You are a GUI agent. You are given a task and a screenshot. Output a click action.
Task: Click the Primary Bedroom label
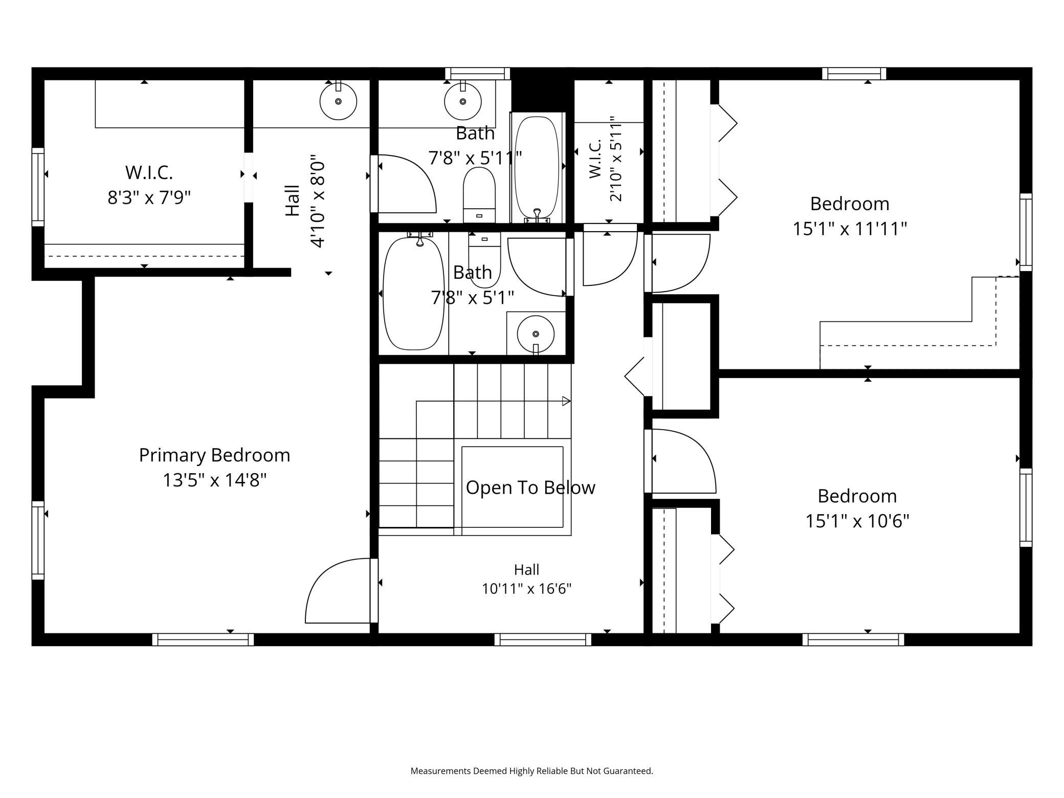(x=214, y=455)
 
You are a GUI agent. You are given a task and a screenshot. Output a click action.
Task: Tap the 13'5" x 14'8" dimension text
(x=215, y=480)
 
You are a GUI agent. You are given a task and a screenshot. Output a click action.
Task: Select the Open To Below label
(x=530, y=487)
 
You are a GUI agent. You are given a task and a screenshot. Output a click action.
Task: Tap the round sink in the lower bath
(x=536, y=334)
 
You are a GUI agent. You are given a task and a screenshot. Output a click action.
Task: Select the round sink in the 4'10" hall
(x=338, y=101)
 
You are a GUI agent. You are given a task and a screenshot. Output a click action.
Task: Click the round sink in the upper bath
(x=463, y=101)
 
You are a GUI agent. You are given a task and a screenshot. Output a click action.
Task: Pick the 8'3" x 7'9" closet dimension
(x=149, y=197)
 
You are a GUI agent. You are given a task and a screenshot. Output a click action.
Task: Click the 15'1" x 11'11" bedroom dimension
(x=850, y=229)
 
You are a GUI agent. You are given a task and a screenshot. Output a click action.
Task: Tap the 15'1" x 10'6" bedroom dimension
(x=857, y=521)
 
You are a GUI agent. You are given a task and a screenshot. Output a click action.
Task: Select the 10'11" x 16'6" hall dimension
(x=526, y=589)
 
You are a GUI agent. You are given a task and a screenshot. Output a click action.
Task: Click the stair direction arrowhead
(x=566, y=401)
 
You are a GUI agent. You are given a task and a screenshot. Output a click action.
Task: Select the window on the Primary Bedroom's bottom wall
(x=203, y=639)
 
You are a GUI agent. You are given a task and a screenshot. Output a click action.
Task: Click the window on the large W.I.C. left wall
(x=38, y=187)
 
